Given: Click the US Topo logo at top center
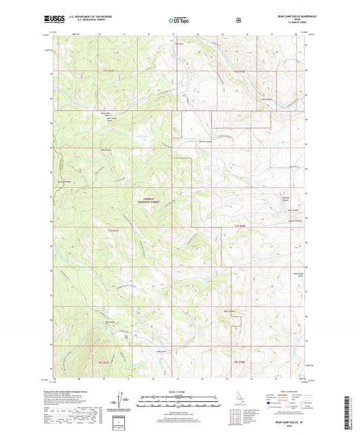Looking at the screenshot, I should pyautogui.click(x=178, y=21).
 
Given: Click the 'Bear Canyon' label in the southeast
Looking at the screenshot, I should pyautogui.click(x=229, y=311).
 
